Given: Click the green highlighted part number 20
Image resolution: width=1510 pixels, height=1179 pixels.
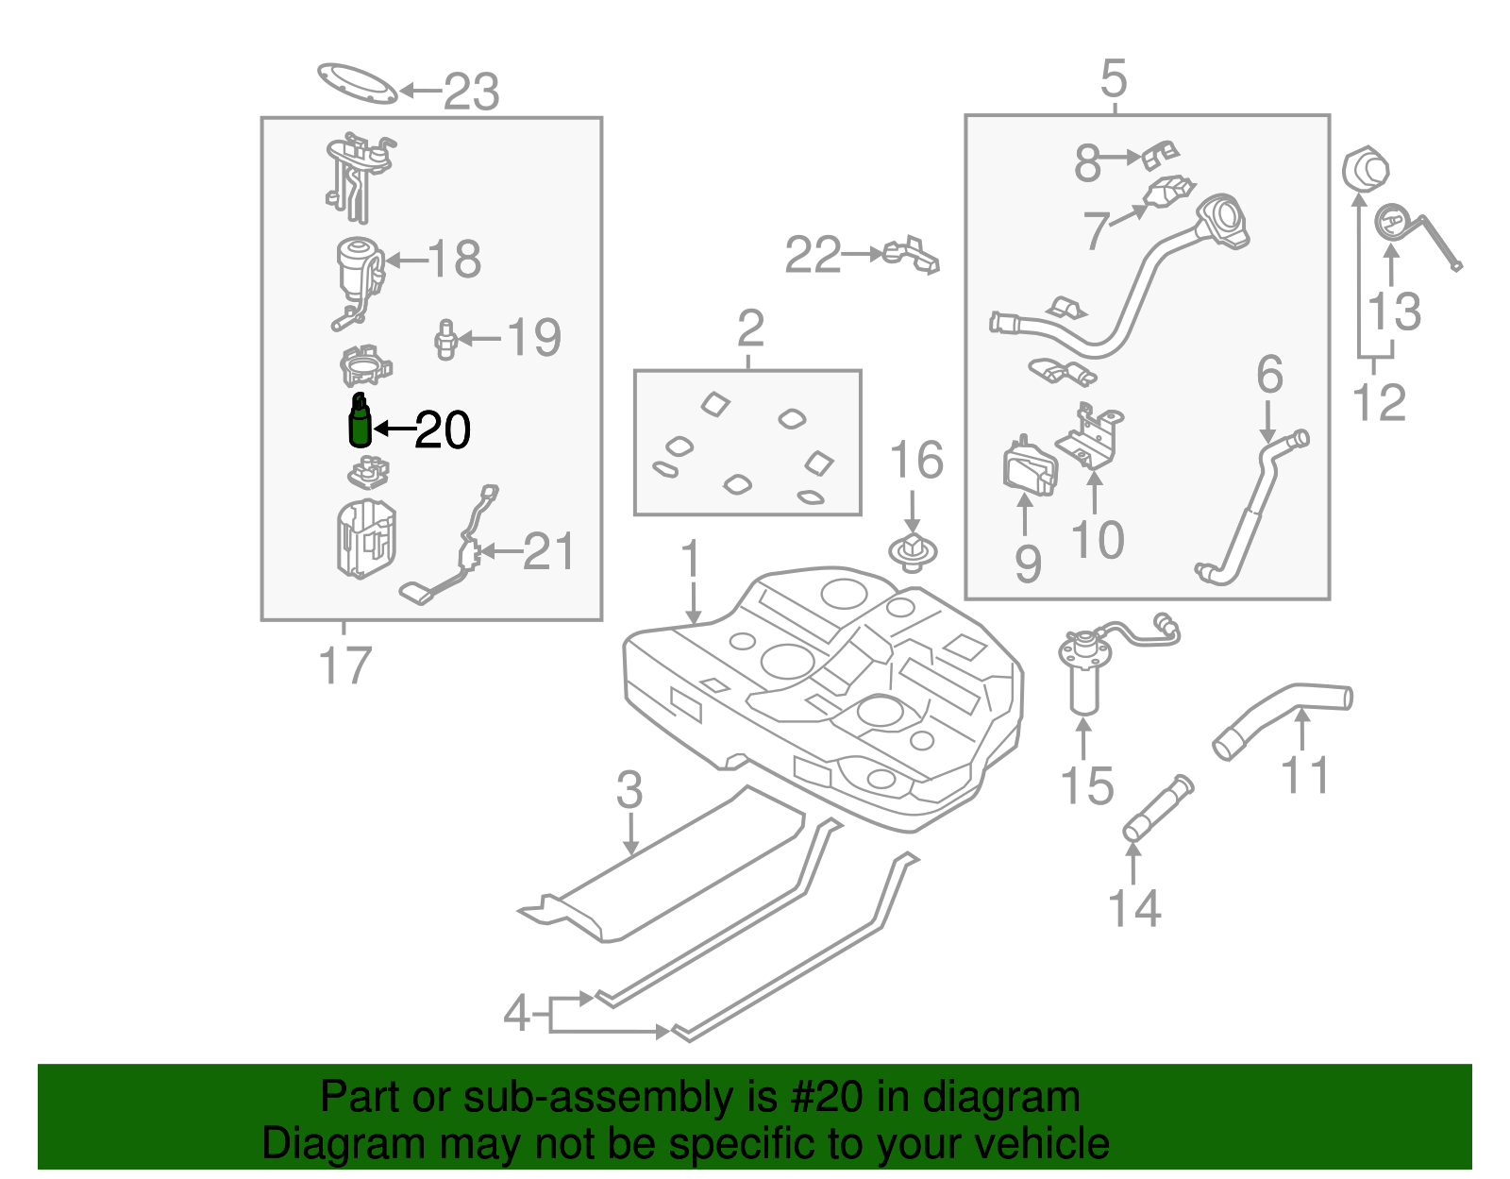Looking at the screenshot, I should pos(360,422).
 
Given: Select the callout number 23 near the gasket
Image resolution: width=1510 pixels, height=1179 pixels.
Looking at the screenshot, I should pos(471,92).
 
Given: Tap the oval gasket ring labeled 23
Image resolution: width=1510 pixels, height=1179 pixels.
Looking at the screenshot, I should pos(357,84).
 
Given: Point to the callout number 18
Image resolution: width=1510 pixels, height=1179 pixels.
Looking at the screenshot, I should pos(454,259).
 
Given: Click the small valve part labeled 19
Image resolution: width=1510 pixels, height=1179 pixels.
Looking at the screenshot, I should pos(445,340).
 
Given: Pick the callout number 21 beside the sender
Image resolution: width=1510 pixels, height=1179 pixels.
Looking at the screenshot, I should pos(548,552).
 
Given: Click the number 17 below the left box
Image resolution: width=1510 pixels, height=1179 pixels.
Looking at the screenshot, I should pos(345,665).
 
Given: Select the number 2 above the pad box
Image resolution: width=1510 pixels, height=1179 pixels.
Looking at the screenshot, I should pos(750,328).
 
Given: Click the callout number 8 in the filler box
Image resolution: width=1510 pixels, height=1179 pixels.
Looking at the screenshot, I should pos(1087,162).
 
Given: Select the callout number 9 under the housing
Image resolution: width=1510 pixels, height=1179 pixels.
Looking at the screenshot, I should pos(1028,564).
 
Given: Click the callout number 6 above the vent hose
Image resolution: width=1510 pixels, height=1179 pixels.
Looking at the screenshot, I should pos(1269,375).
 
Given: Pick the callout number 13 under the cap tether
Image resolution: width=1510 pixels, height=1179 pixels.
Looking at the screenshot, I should pos(1394,312).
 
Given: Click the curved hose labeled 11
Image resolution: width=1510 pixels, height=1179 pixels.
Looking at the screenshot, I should pos(1283,716).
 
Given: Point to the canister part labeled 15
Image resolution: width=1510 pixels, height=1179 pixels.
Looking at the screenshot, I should pos(1084,680).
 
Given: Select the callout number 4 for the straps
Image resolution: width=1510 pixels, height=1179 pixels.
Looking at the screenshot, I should pos(516,1014).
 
